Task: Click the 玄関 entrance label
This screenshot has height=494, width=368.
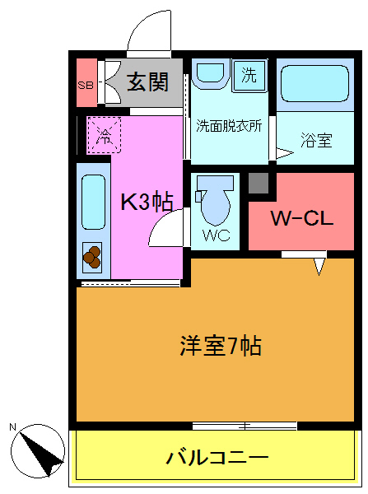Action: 147,82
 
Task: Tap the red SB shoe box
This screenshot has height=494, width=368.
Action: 85,83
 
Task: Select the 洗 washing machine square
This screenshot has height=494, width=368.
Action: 249,77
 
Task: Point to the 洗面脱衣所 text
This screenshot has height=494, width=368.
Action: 229,127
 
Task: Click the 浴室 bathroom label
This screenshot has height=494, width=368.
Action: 316,141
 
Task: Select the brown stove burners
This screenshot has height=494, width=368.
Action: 91,258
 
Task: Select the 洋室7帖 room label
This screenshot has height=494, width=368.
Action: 220,346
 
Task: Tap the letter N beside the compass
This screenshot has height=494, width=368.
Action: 12,426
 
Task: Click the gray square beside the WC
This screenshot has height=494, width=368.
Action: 260,184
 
